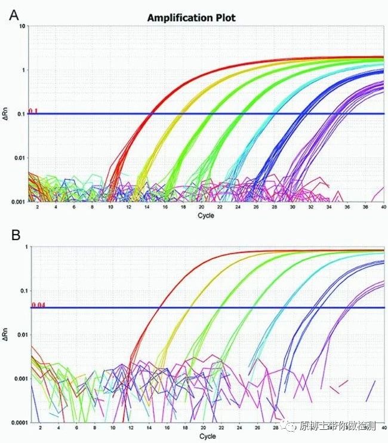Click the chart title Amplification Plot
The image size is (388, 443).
click(192, 18)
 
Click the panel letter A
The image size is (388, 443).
click(14, 15)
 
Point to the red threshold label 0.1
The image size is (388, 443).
click(33, 110)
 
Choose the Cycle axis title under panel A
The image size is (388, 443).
click(205, 216)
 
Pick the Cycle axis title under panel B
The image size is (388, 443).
click(208, 436)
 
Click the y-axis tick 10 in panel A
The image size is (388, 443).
click(22, 27)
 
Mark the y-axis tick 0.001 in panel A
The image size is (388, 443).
click(19, 202)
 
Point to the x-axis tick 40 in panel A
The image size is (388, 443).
click(383, 207)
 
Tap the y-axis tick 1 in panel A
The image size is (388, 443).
click(23, 70)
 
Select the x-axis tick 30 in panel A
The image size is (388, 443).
click(292, 207)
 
